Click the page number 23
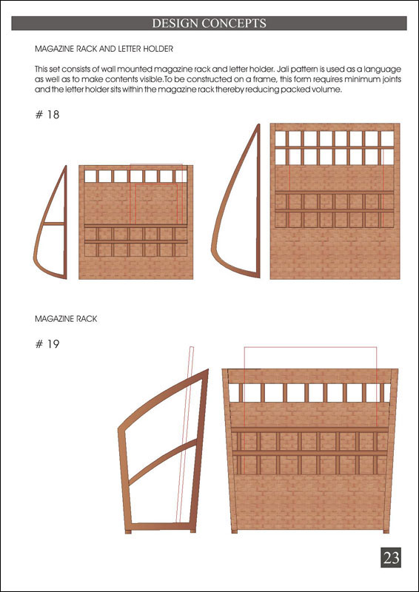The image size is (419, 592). click(x=391, y=557)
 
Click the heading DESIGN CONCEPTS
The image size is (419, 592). click(x=209, y=24)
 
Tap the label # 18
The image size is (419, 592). click(x=47, y=115)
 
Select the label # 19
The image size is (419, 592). click(x=47, y=344)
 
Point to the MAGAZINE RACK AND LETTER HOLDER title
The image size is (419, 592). click(x=104, y=49)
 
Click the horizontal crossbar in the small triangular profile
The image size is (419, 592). click(x=53, y=223)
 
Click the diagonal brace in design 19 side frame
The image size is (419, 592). click(x=163, y=462)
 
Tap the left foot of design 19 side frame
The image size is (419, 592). click(x=128, y=532)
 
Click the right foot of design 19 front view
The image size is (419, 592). click(x=386, y=531)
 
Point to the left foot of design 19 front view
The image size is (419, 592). click(x=235, y=531)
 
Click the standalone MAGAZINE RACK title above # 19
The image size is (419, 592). click(x=66, y=319)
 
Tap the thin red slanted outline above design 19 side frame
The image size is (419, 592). click(x=185, y=434)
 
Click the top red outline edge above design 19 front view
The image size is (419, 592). click(x=311, y=347)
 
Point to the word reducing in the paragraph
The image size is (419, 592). click(x=263, y=90)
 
